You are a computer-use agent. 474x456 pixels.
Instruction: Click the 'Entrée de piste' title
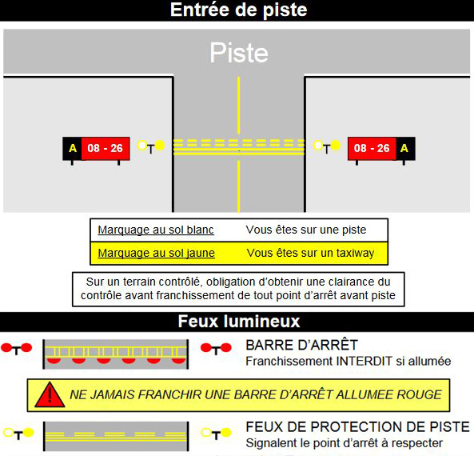238,10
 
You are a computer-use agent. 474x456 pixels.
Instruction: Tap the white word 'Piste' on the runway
239,53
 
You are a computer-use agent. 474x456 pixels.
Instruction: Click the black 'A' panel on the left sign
72,148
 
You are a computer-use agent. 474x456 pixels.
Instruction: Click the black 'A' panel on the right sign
405,148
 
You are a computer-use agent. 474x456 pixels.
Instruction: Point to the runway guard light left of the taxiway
151,146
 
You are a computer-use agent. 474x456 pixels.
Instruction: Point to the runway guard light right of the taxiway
326,146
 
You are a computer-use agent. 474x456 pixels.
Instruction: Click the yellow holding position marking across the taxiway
239,147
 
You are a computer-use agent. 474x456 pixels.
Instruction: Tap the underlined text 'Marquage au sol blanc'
156,230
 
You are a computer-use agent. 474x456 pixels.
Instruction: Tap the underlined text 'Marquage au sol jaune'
157,253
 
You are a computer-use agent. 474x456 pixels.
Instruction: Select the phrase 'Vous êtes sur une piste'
306,230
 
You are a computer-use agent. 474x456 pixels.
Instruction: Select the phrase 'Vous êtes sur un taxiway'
310,253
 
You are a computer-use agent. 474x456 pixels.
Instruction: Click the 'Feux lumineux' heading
239,322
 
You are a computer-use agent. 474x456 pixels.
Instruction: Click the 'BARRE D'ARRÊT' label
301,346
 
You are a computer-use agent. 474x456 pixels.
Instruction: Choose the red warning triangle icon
50,395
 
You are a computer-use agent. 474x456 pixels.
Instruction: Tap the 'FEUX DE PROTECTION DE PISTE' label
357,427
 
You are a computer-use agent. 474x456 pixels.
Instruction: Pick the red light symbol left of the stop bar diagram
16,349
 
